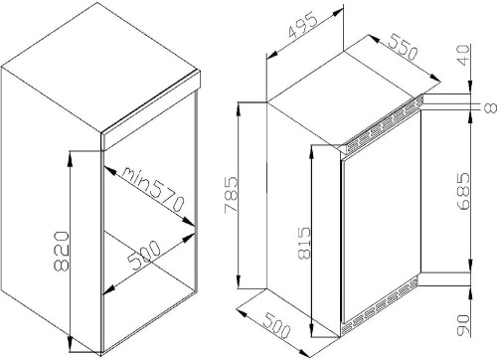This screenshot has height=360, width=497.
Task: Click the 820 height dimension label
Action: click(x=62, y=252)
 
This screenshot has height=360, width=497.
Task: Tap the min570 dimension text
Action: click(x=153, y=188)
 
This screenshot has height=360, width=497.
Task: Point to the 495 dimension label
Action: click(x=303, y=26)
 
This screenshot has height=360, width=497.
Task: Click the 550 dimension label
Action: click(x=403, y=47)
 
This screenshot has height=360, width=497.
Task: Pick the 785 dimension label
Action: click(x=231, y=195)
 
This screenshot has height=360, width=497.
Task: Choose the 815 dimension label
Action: click(x=304, y=243)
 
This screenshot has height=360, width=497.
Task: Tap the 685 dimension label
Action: click(x=463, y=191)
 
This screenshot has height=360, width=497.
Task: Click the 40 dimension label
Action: click(x=463, y=55)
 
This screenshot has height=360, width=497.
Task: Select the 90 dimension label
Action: click(x=463, y=325)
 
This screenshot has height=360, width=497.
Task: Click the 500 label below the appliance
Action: click(x=276, y=326)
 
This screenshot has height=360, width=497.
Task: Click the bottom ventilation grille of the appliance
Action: click(x=380, y=306)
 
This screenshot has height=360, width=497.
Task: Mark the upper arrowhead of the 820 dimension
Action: click(x=70, y=159)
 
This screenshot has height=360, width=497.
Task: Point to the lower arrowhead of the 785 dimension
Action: click(x=239, y=280)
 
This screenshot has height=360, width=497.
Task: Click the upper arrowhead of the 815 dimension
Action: click(x=312, y=153)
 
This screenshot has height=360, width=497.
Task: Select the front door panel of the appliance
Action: click(x=382, y=216)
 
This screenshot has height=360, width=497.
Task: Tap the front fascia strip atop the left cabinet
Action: click(x=151, y=109)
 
